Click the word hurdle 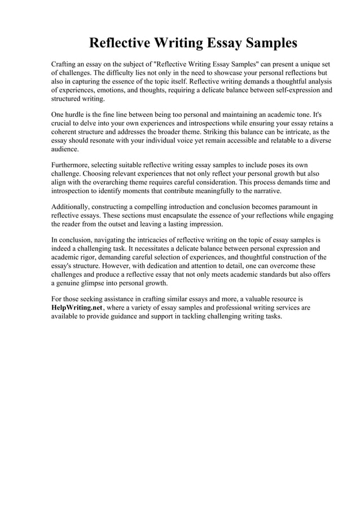click(78, 114)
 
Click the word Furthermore click(71, 164)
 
